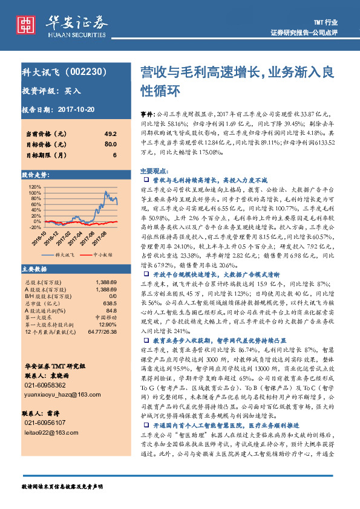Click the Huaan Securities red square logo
[x=27, y=24]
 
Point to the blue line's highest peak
[x=105, y=192]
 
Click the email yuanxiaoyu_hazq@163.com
[x=62, y=394]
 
